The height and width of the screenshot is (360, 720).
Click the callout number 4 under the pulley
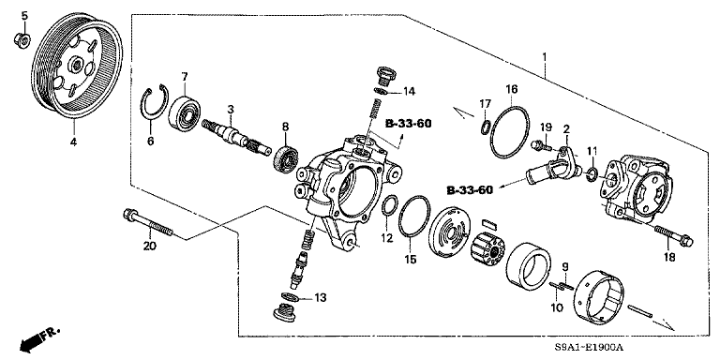(x=74, y=142)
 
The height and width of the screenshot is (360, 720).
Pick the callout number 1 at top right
(x=543, y=57)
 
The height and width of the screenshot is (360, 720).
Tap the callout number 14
(x=409, y=91)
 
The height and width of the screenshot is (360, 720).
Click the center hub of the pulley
(x=72, y=68)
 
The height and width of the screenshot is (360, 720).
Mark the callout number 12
(x=387, y=239)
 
